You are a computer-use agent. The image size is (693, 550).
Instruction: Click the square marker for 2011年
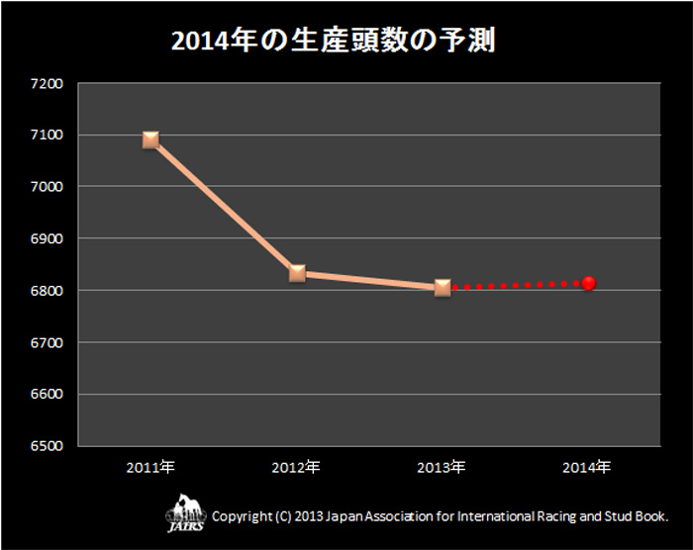point(150,139)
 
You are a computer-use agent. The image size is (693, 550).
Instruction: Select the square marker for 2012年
point(297,273)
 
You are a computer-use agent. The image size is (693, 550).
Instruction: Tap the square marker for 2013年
point(443,288)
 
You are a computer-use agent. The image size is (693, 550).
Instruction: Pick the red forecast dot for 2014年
point(588,283)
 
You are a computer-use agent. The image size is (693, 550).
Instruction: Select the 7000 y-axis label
point(48,187)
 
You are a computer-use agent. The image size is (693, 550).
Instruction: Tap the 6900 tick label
point(48,238)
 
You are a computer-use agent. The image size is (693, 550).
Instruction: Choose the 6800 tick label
point(48,291)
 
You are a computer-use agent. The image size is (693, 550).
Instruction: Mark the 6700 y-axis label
point(48,342)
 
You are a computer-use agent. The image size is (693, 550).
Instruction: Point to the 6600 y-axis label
point(48,395)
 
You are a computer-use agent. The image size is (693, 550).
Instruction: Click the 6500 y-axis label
point(48,446)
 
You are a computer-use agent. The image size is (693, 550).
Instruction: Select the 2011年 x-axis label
point(150,466)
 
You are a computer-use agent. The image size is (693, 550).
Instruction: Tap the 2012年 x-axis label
point(297,466)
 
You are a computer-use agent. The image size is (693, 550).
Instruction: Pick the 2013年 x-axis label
point(443,466)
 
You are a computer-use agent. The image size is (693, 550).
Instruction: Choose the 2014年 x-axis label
point(588,466)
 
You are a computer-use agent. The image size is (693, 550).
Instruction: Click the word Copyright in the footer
point(243,516)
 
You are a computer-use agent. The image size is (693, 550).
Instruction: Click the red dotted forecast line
point(515,286)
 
